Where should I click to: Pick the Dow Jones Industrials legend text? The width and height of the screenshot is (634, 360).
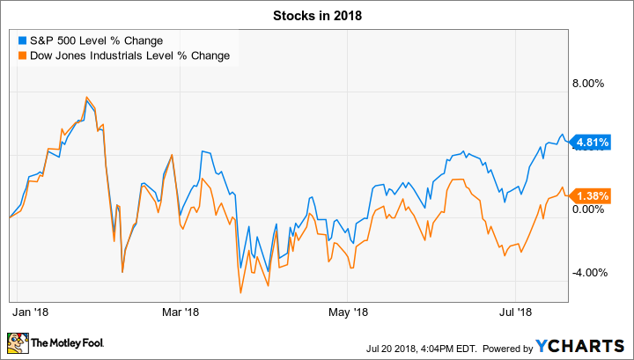pos(128,55)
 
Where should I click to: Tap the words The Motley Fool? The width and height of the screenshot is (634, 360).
pos(63,342)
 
